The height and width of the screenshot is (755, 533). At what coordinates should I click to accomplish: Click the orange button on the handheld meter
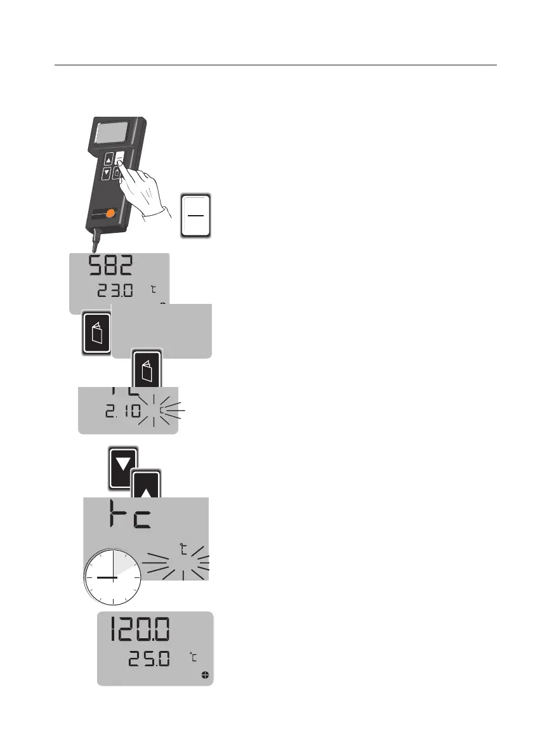click(x=111, y=214)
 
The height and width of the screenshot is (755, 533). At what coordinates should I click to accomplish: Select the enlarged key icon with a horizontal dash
click(x=195, y=216)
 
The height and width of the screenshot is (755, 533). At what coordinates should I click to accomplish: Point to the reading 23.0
click(x=116, y=292)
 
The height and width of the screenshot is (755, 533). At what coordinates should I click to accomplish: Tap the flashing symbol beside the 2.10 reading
click(x=162, y=411)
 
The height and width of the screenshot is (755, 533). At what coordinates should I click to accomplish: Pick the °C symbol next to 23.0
click(x=154, y=290)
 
